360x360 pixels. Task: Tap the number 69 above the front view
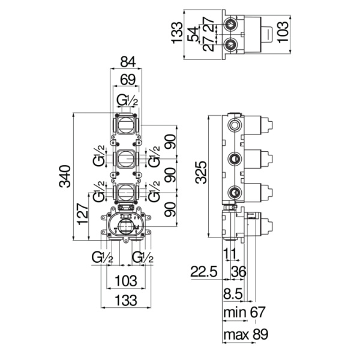click(x=127, y=80)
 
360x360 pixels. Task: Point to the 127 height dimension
click(x=83, y=213)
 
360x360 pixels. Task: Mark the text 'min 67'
click(x=244, y=312)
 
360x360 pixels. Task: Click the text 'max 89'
click(x=244, y=334)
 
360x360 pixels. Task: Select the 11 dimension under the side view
click(x=229, y=253)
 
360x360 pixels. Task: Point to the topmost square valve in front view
click(x=126, y=125)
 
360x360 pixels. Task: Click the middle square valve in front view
click(x=126, y=159)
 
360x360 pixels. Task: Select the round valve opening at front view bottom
click(x=127, y=227)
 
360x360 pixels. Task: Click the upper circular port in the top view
click(x=229, y=25)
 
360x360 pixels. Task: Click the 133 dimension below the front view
click(x=127, y=299)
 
